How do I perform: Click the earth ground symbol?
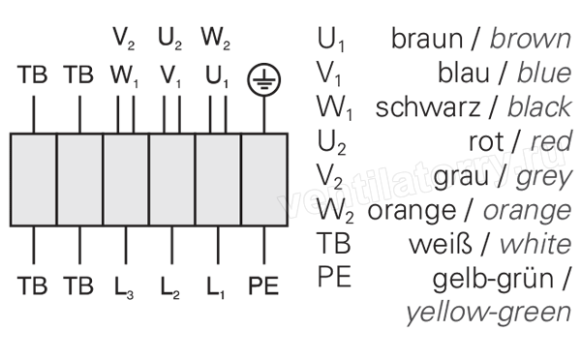coord(263,79)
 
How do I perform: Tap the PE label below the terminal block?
coord(263,285)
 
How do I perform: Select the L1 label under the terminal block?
coord(215,287)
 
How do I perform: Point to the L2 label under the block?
coord(169,287)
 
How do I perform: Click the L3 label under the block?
coord(124,287)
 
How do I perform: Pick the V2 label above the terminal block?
coord(124,39)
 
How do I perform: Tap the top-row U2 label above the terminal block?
coord(169,39)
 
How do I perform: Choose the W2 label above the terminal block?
coord(216,39)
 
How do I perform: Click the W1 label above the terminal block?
coord(124,76)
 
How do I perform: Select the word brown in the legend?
coord(531,39)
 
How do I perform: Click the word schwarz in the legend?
coord(428,107)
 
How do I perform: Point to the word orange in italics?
coord(527,212)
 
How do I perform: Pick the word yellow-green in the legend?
coord(488,313)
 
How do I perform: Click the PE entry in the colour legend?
coord(334,277)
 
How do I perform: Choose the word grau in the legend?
coord(461,178)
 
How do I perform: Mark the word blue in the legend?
coord(544,73)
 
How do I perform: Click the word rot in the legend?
coord(486,141)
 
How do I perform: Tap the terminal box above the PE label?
coord(264,180)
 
